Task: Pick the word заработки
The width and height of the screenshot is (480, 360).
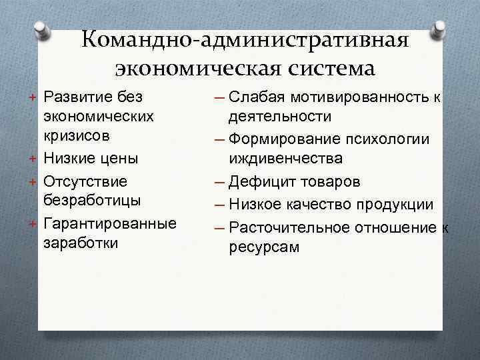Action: point(81,243)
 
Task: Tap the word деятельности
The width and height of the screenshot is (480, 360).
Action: point(280,117)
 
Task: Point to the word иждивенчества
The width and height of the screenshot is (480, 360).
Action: point(287,159)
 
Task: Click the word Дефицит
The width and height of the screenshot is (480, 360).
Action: point(257,182)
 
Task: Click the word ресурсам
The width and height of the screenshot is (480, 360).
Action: point(264,247)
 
